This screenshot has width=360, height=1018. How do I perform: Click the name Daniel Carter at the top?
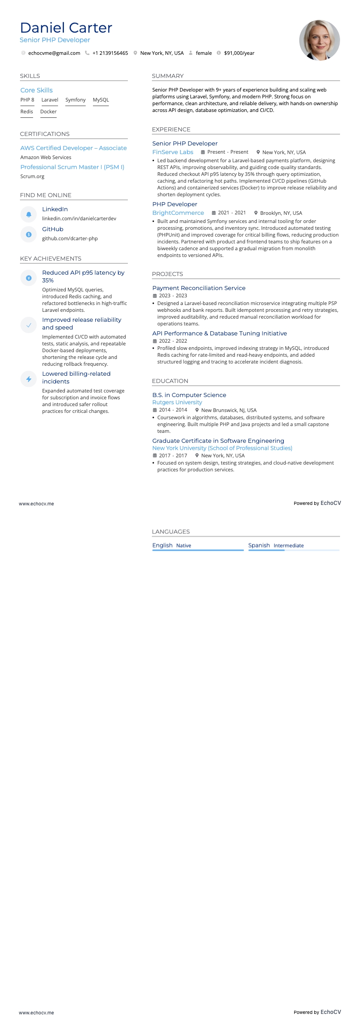coord(66,28)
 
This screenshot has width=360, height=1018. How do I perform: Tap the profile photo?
coord(319,40)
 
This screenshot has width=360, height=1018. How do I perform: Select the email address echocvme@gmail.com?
coord(54,53)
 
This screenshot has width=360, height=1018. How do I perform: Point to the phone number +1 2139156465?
coord(110,53)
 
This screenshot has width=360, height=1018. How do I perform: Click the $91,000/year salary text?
coord(239,53)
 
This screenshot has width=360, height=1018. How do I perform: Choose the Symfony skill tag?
coord(75,100)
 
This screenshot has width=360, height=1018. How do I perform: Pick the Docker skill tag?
coord(49,111)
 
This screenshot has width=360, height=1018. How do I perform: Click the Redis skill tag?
coord(27,111)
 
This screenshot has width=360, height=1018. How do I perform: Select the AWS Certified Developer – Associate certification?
coord(73,148)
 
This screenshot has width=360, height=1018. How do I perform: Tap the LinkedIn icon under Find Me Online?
coord(29,214)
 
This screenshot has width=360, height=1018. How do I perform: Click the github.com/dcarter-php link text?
coord(70,238)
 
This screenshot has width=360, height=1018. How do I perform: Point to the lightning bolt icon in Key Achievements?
coord(29,379)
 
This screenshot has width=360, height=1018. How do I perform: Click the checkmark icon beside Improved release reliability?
coord(29,325)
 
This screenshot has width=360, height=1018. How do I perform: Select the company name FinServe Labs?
coord(173,152)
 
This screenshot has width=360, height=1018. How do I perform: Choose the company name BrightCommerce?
coord(178,213)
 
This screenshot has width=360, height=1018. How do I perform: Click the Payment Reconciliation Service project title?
coord(199,288)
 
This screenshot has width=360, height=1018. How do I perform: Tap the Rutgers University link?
coord(177,402)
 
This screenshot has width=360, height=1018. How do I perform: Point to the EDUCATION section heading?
coord(170,381)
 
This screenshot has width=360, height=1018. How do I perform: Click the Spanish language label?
coord(259,545)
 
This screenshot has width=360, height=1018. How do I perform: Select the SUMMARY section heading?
coord(168,76)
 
